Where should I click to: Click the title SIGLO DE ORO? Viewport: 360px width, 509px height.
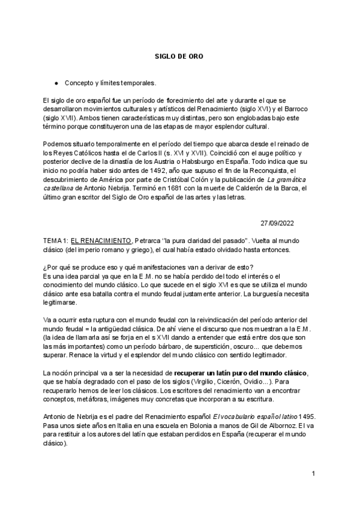pyautogui.click(x=179, y=56)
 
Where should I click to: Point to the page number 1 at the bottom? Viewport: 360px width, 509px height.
pyautogui.click(x=313, y=474)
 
